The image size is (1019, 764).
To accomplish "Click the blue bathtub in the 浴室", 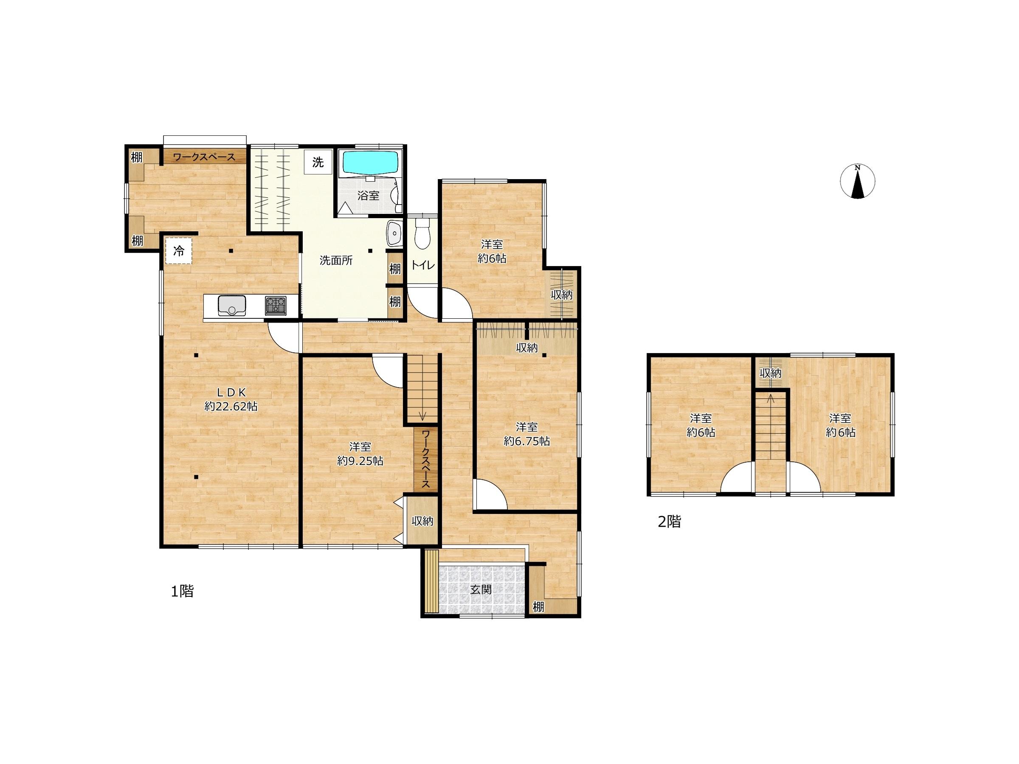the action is click(x=370, y=163).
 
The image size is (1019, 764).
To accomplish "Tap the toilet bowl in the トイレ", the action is click(x=422, y=234).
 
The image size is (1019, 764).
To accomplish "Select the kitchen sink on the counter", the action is click(x=232, y=304).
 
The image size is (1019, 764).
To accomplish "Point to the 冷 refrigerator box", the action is click(x=179, y=251).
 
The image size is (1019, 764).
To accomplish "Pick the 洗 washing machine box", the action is click(x=318, y=162).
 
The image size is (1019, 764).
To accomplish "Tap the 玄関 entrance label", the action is click(x=481, y=590).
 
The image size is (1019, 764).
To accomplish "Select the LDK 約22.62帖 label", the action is click(x=231, y=399).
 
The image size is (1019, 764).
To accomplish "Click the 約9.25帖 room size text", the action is click(x=360, y=461).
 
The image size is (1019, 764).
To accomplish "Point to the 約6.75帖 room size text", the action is click(x=526, y=441).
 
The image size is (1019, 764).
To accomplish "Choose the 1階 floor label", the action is click(x=183, y=591).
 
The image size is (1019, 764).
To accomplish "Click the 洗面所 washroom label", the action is click(x=336, y=260).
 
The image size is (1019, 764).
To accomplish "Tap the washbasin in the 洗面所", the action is click(x=394, y=234).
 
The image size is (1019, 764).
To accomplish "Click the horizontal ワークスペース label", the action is click(x=204, y=157).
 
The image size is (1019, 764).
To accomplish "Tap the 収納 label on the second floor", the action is click(x=770, y=373).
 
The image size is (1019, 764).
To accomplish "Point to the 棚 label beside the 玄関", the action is click(x=538, y=607).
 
